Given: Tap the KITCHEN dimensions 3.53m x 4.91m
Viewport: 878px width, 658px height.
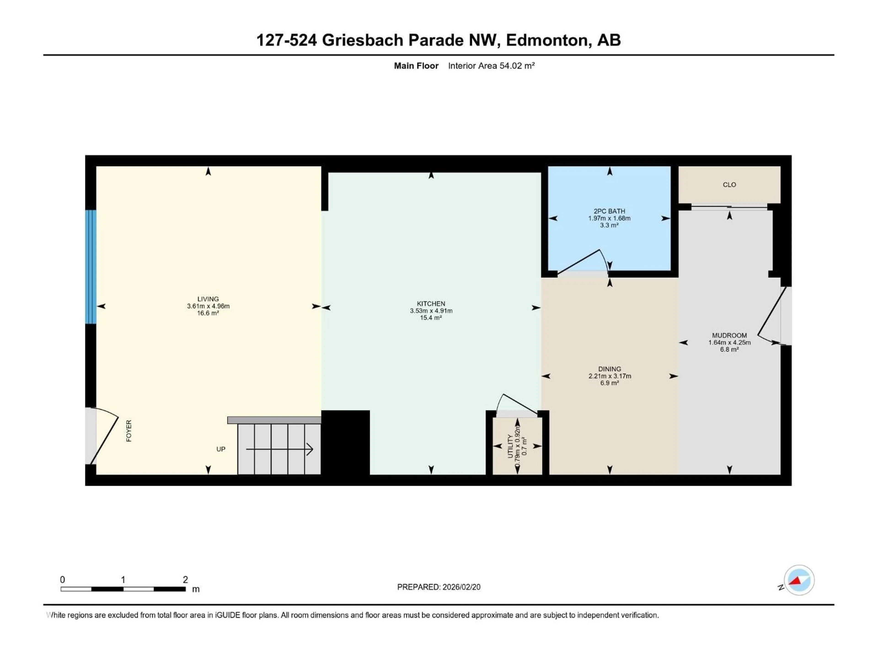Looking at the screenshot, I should click(x=431, y=310).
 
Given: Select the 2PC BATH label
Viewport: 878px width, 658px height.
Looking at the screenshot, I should click(x=609, y=211).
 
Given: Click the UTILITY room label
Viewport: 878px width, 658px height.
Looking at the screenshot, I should click(x=510, y=446).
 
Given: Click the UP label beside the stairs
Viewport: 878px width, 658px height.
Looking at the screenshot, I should click(x=221, y=449).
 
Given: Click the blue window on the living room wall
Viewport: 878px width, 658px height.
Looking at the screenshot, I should click(x=91, y=267).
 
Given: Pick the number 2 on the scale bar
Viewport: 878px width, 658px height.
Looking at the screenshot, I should click(x=185, y=579).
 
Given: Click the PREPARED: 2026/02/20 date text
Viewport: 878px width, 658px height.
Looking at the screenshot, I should click(x=439, y=587).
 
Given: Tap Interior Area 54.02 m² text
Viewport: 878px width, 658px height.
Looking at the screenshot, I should click(x=491, y=66).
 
